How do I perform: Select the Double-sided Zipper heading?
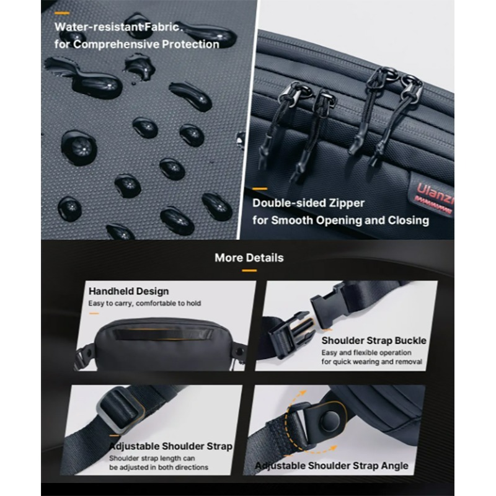[308, 203]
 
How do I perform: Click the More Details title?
[249, 258]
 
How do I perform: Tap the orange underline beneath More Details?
[249, 270]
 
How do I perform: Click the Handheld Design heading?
[128, 291]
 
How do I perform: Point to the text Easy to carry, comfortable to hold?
[144, 303]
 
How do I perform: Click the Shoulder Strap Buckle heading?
[374, 340]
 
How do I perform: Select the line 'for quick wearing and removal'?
[371, 361]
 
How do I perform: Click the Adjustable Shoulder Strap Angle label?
[332, 466]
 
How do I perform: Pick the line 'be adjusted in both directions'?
[159, 467]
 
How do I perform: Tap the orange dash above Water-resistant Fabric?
[61, 13]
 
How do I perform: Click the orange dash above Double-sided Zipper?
[260, 189]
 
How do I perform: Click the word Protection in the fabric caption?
[190, 45]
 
